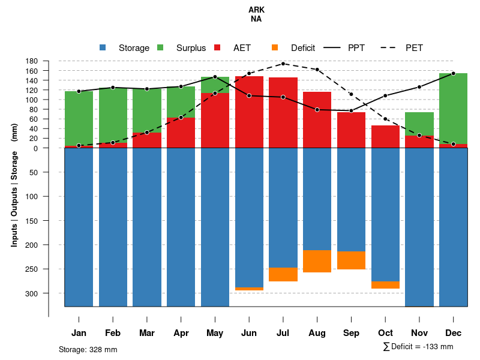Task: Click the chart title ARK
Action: point(256,10)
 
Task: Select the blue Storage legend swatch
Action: point(103,48)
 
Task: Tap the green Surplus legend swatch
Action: point(160,48)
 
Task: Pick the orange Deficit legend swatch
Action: point(275,48)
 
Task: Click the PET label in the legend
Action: point(414,48)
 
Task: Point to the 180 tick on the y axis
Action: point(32,61)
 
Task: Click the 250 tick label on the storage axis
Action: point(32,269)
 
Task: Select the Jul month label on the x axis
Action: point(283,333)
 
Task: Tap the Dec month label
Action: point(454,333)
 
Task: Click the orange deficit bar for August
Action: point(317,261)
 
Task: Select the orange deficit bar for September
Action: point(352,260)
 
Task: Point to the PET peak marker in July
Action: point(283,64)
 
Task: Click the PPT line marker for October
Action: point(385,96)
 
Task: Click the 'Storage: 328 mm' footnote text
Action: point(88,349)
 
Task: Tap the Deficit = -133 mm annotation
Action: point(418,347)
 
